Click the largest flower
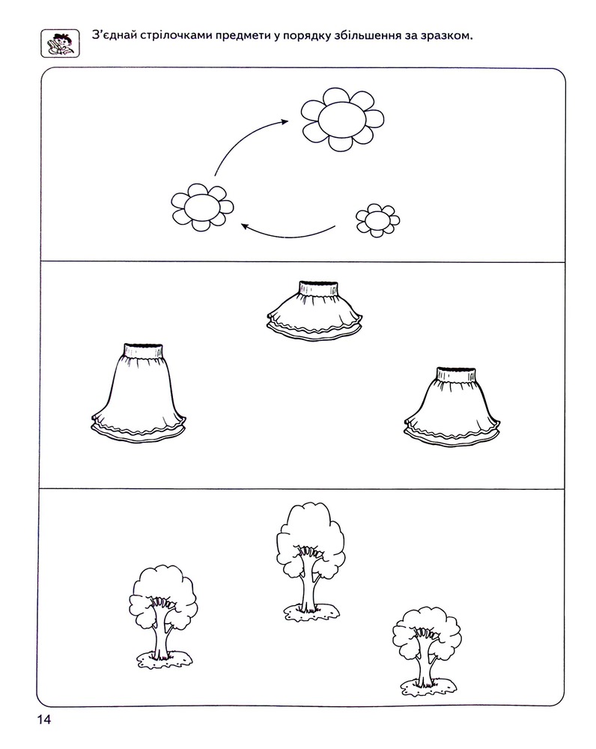point(342,119)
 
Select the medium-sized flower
point(202,207)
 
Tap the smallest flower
point(378,220)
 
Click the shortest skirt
point(314,311)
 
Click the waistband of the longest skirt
point(143,350)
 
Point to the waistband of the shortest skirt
point(318,288)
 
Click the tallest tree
point(311,561)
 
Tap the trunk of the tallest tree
point(309,583)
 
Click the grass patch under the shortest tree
point(428,688)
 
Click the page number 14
point(44,719)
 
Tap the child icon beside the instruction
point(60,43)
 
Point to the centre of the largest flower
point(342,119)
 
